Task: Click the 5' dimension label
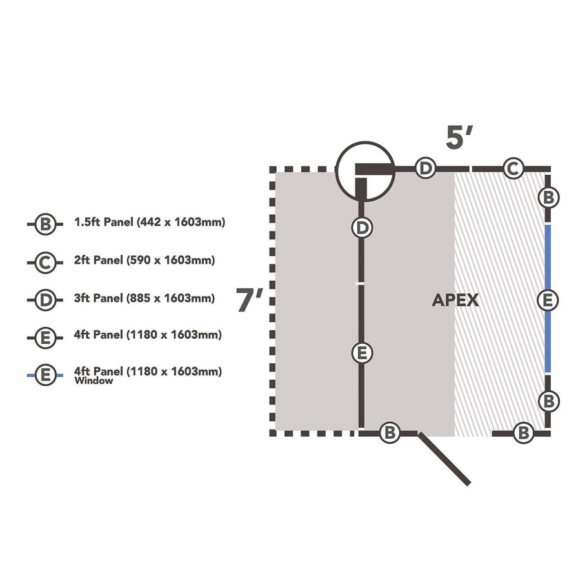tap(459, 137)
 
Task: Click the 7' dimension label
tap(250, 300)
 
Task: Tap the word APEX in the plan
tap(455, 301)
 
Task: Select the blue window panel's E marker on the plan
tap(548, 301)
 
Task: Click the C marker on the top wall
tap(513, 169)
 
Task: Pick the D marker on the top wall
tap(425, 168)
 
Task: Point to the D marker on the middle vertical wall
tap(363, 228)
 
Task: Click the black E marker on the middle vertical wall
tap(363, 353)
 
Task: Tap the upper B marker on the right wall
tap(548, 198)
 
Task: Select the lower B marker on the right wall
tap(548, 401)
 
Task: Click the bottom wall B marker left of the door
tap(390, 432)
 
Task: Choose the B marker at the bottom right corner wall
tap(523, 432)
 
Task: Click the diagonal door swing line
tap(444, 459)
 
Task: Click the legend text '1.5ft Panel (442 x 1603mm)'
tap(150, 223)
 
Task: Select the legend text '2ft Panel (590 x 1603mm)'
tap(144, 260)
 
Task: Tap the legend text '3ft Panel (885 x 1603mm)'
tap(144, 298)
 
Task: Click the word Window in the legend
tap(94, 381)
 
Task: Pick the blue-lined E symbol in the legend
tap(45, 375)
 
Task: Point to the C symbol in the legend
tap(45, 263)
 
